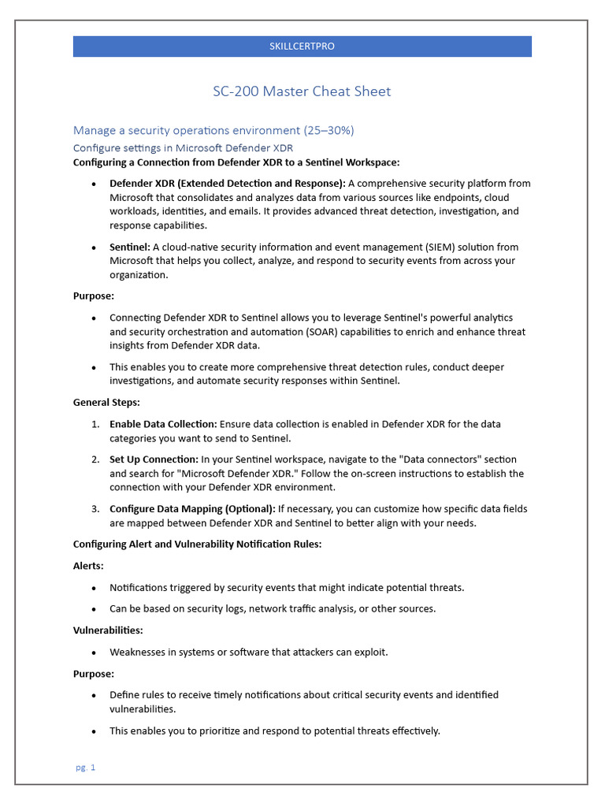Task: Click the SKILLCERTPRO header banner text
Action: pyautogui.click(x=302, y=46)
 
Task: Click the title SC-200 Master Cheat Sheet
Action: pyautogui.click(x=302, y=91)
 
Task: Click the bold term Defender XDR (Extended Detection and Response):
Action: pyautogui.click(x=228, y=183)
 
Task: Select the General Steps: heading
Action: pyautogui.click(x=105, y=402)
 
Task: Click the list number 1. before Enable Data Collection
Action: pyautogui.click(x=95, y=424)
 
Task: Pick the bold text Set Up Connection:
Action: pyautogui.click(x=154, y=459)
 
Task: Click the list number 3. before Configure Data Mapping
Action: pyautogui.click(x=95, y=509)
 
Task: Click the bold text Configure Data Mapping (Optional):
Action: pyautogui.click(x=192, y=509)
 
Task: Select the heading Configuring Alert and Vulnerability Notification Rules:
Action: pyautogui.click(x=197, y=545)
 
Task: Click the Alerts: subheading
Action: pyautogui.click(x=89, y=566)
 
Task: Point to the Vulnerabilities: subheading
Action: pyautogui.click(x=108, y=630)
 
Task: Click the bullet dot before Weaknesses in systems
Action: pyautogui.click(x=95, y=653)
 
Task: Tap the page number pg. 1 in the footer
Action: pyautogui.click(x=85, y=768)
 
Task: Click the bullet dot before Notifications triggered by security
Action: pyautogui.click(x=95, y=588)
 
